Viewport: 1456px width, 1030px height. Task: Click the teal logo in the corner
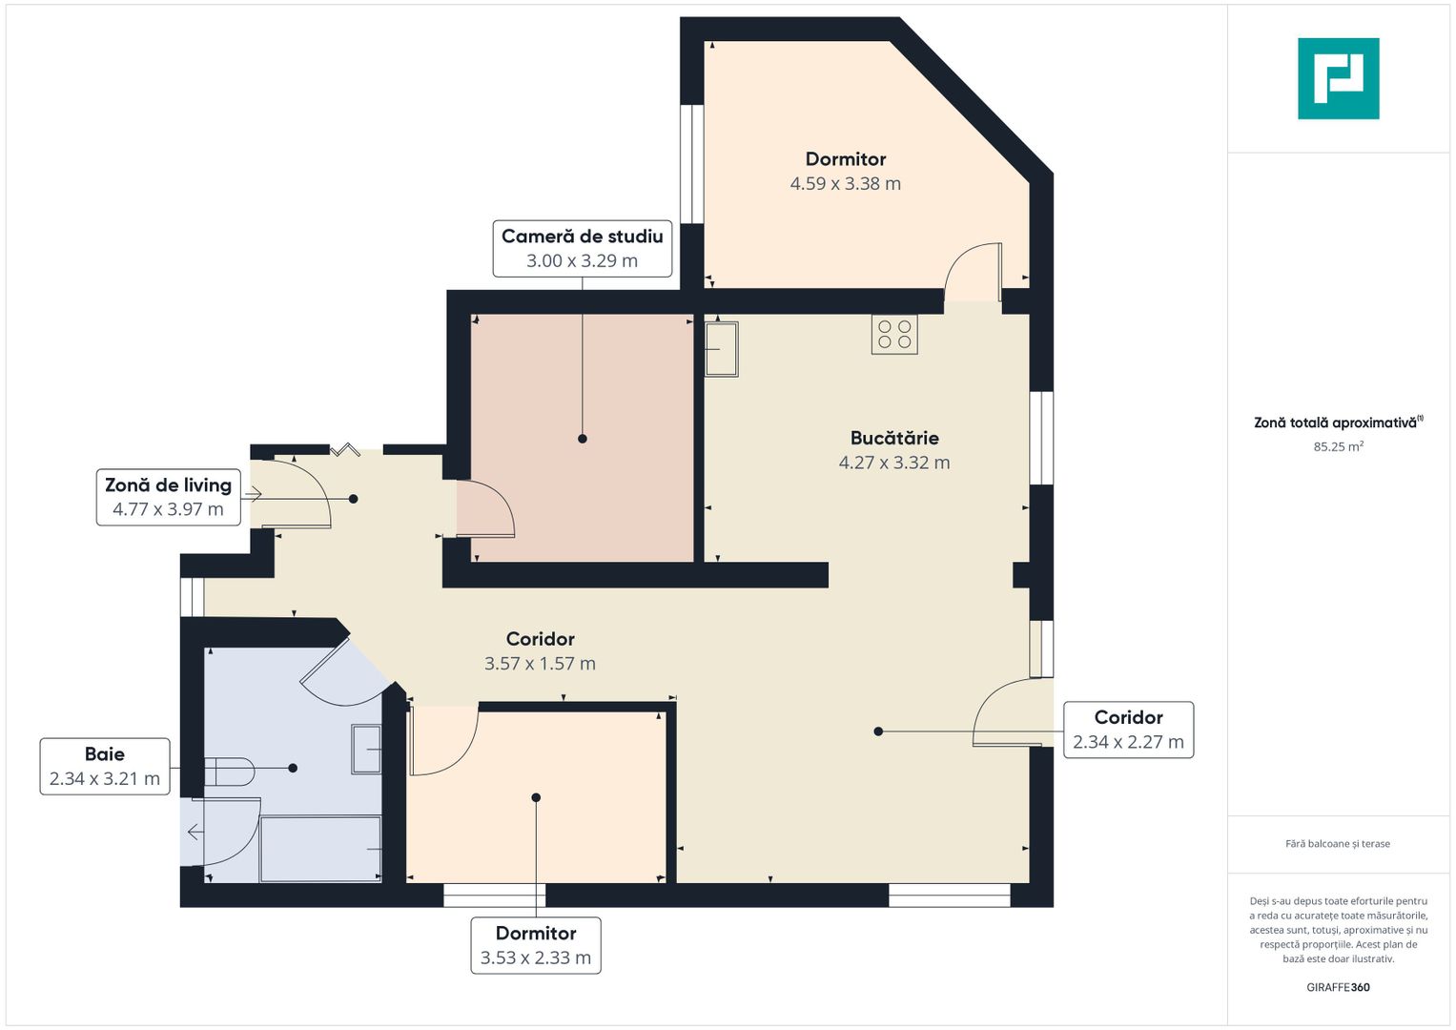click(1339, 78)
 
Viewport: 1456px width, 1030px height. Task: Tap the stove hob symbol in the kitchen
click(894, 334)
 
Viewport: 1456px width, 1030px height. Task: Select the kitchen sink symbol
click(722, 349)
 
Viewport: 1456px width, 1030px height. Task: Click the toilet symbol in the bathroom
click(229, 772)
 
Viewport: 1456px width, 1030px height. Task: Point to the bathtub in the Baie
click(320, 849)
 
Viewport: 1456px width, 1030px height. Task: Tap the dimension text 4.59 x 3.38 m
click(845, 183)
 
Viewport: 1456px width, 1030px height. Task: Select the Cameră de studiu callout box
click(583, 248)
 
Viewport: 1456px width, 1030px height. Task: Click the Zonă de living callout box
click(169, 497)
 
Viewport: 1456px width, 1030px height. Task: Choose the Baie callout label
click(105, 766)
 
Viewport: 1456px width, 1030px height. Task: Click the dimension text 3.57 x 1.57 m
click(540, 663)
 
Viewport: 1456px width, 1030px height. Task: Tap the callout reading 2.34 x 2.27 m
click(1128, 730)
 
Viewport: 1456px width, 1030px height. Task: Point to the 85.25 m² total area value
click(1339, 446)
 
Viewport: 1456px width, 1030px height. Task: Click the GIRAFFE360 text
click(1339, 987)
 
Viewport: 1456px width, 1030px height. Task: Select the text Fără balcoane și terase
click(1338, 843)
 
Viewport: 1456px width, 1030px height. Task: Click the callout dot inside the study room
click(583, 439)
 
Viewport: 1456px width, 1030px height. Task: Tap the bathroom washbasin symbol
click(366, 749)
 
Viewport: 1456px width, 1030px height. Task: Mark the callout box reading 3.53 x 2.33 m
click(536, 945)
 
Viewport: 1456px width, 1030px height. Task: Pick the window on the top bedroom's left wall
click(691, 164)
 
